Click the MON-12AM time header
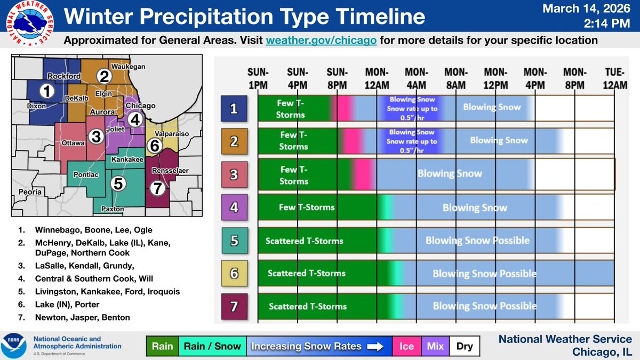click(x=377, y=78)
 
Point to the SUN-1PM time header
click(x=258, y=78)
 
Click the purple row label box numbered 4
click(x=234, y=207)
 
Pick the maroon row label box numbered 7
click(x=234, y=306)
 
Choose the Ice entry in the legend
click(x=406, y=346)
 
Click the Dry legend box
click(x=464, y=346)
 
